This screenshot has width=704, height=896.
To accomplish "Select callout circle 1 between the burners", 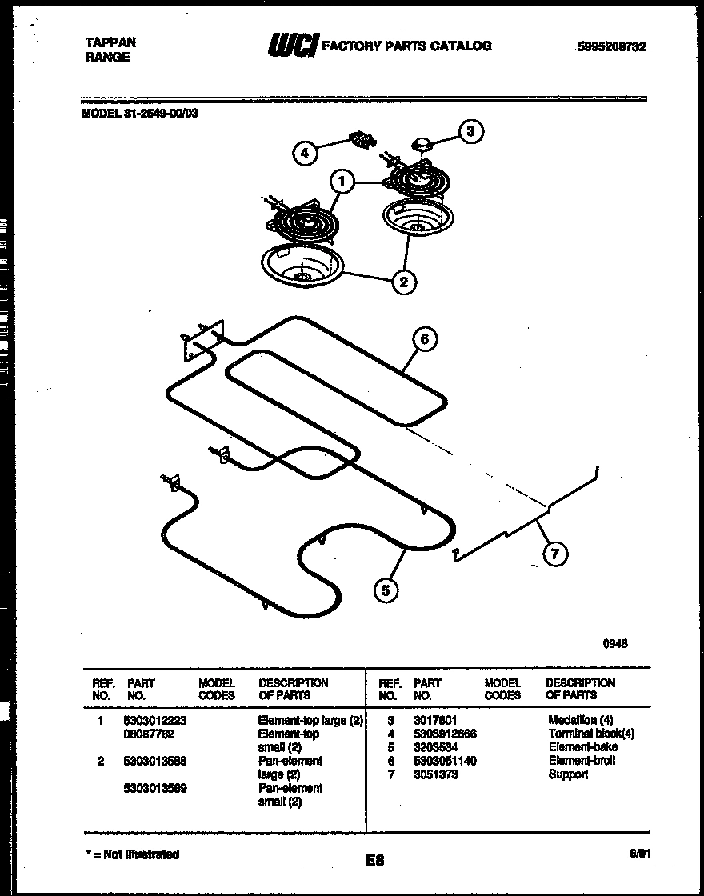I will pyautogui.click(x=342, y=182).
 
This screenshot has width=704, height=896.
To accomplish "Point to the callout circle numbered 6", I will pyautogui.click(x=424, y=339).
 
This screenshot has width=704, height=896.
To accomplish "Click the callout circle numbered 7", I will pyautogui.click(x=552, y=554).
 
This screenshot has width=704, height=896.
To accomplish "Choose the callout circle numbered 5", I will pyautogui.click(x=386, y=590).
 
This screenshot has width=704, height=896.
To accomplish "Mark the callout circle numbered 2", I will pyautogui.click(x=404, y=281).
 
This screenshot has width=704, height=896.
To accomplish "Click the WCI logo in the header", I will pyautogui.click(x=291, y=46).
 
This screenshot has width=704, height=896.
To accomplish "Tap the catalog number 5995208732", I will pyautogui.click(x=611, y=46).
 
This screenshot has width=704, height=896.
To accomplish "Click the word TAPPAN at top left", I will pyautogui.click(x=110, y=42).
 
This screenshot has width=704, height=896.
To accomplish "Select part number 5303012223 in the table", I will pyautogui.click(x=156, y=721).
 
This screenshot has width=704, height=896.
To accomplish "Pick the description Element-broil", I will pyautogui.click(x=582, y=761).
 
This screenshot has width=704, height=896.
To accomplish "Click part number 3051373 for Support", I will pyautogui.click(x=436, y=774).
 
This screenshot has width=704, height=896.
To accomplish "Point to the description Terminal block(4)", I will pyautogui.click(x=591, y=734).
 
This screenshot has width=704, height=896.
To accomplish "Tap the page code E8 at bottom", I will pyautogui.click(x=374, y=861).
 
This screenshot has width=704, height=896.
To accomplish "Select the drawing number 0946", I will pyautogui.click(x=616, y=642).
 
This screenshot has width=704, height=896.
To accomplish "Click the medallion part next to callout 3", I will pyautogui.click(x=422, y=144).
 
